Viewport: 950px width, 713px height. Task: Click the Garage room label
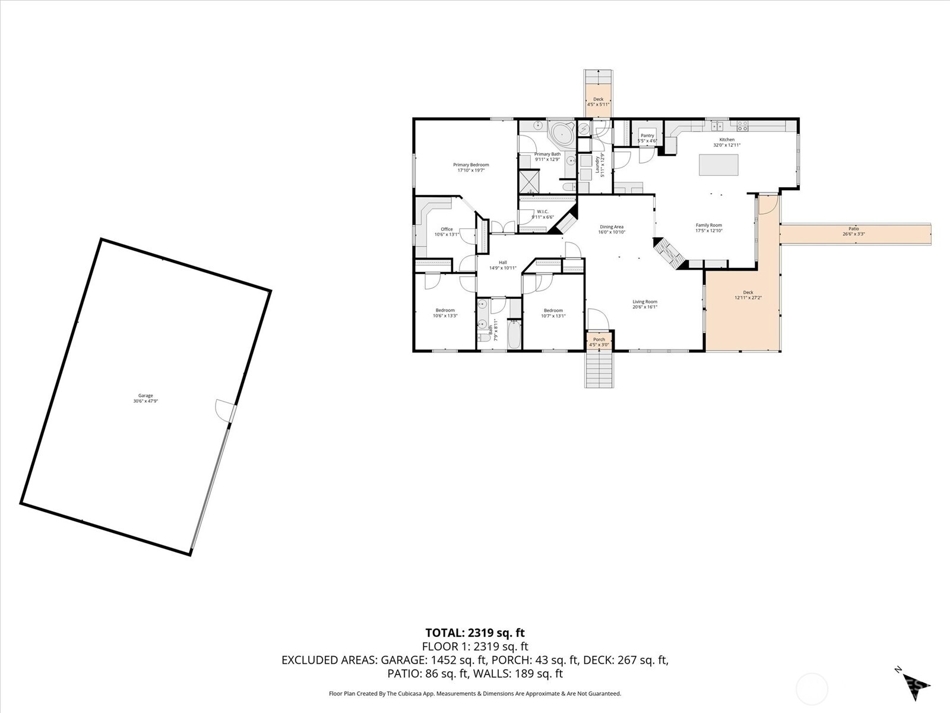[145, 396]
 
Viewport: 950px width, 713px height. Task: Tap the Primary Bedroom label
[471, 165]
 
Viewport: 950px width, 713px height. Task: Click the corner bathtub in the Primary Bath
[560, 134]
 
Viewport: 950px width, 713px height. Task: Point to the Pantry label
[647, 136]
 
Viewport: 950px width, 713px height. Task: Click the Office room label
[446, 229]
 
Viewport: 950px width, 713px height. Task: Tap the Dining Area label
[611, 227]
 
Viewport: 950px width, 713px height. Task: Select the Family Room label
[708, 226]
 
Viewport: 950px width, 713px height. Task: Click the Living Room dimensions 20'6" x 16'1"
[644, 307]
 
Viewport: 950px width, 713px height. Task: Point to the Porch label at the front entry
[599, 340]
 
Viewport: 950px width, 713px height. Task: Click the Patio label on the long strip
[853, 229]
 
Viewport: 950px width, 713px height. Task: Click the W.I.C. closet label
[542, 212]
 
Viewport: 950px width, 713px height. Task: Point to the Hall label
[502, 263]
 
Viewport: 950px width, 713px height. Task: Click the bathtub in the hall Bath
[514, 334]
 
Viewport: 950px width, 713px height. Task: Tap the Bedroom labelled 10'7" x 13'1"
[553, 311]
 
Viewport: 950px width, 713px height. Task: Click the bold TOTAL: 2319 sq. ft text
[475, 633]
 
